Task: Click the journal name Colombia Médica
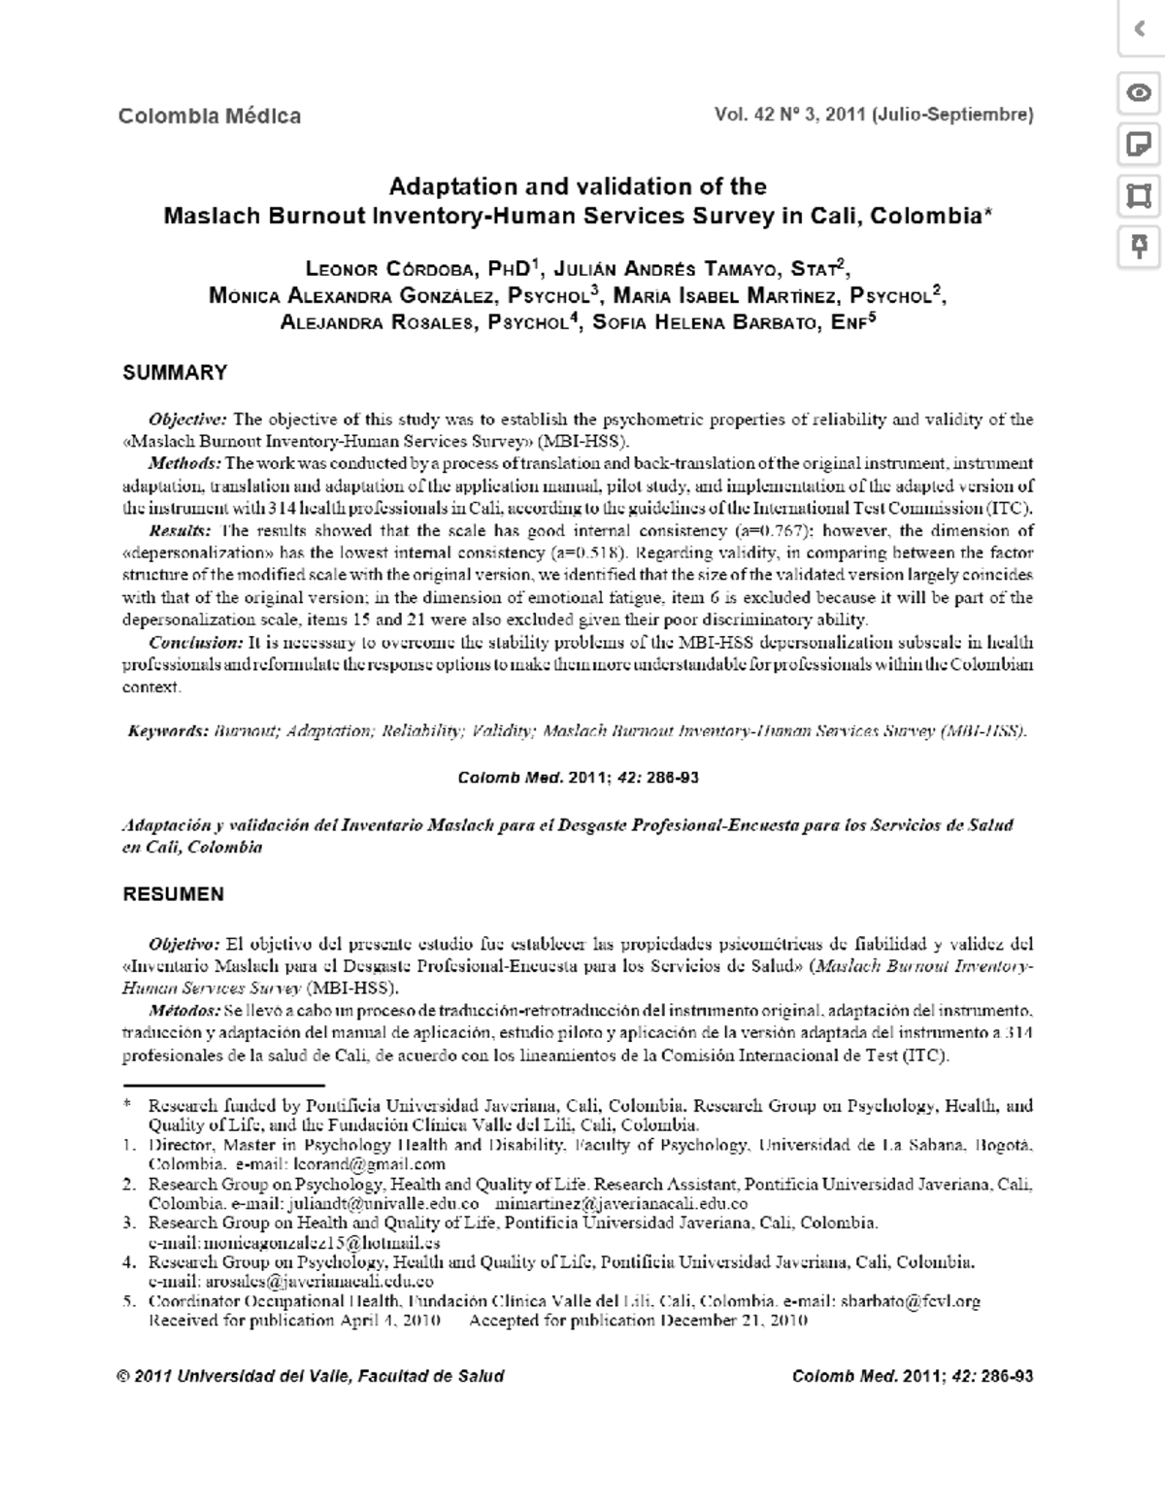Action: click(x=209, y=117)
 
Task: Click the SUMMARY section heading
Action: click(x=175, y=373)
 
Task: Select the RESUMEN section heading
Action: click(x=173, y=894)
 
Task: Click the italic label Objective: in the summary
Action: click(x=187, y=419)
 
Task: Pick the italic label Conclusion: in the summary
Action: click(x=195, y=643)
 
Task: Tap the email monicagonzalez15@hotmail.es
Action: click(x=294, y=1243)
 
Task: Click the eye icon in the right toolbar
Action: click(x=1139, y=93)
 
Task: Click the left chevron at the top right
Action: click(x=1140, y=29)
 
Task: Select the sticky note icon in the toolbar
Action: click(x=1139, y=146)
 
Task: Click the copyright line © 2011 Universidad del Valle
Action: click(x=310, y=1376)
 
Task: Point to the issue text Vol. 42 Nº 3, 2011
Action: click(x=789, y=116)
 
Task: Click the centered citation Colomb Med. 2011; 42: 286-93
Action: click(x=578, y=778)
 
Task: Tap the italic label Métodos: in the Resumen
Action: click(x=184, y=1012)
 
